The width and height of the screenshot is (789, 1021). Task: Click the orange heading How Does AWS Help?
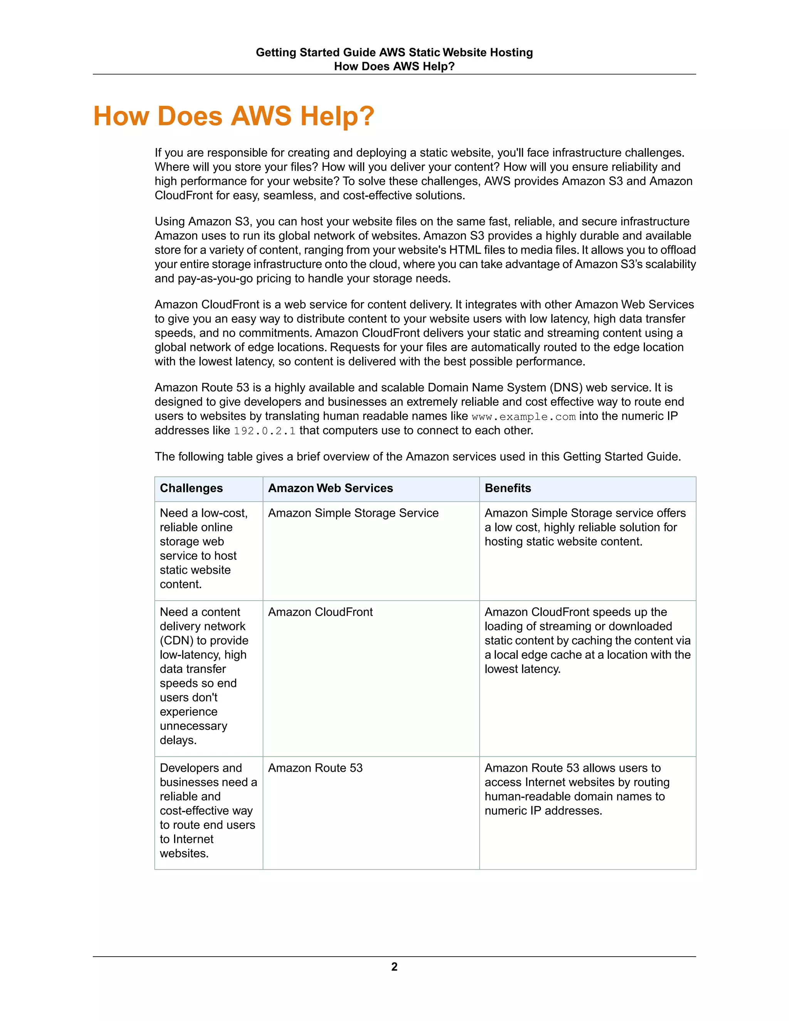point(234,116)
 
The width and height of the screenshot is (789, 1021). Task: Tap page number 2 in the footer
point(394,967)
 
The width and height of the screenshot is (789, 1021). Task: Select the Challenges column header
point(191,488)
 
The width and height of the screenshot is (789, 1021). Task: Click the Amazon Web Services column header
point(330,488)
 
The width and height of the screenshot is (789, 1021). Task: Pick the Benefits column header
point(508,488)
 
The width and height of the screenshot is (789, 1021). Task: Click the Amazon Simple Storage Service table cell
point(353,513)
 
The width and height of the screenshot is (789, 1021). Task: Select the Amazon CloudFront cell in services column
point(320,612)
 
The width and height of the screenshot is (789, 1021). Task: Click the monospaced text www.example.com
point(523,416)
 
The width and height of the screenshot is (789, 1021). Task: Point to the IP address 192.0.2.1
point(265,431)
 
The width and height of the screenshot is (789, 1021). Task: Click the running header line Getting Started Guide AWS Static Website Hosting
point(394,52)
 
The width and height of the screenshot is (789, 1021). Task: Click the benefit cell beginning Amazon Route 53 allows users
point(577,789)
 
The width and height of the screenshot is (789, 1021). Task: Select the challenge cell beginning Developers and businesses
point(208,810)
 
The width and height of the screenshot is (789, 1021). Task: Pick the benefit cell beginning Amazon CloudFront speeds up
point(587,640)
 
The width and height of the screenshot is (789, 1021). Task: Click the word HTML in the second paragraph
point(465,250)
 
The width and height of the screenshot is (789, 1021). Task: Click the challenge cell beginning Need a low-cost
point(204,548)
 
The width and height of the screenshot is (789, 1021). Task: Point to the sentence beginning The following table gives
point(417,457)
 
